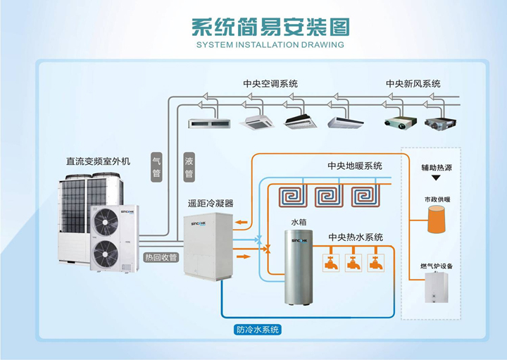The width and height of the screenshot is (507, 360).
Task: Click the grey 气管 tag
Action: click(x=156, y=166)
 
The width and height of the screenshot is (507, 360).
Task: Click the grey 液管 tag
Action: click(x=189, y=166)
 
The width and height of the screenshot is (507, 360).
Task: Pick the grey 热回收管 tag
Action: click(x=161, y=257)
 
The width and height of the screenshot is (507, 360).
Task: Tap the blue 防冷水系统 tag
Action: click(x=257, y=329)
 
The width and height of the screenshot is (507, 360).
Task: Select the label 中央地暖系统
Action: click(x=355, y=166)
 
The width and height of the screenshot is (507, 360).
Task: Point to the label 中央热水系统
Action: click(x=356, y=237)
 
